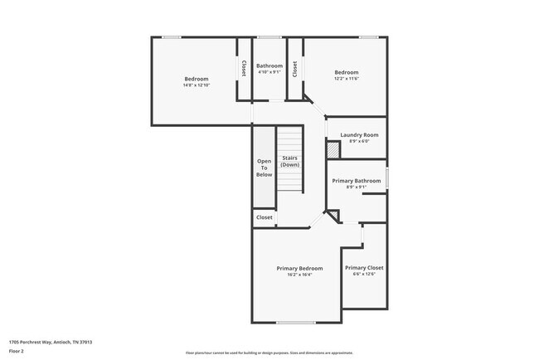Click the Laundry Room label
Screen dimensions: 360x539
(359, 134)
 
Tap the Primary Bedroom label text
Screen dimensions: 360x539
(299, 268)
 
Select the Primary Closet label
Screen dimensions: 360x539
(364, 268)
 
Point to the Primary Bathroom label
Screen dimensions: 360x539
(357, 181)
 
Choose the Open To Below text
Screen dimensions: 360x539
(264, 168)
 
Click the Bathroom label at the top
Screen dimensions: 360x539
(269, 66)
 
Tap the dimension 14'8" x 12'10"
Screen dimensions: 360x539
(197, 85)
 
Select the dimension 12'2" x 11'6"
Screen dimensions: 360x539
(346, 79)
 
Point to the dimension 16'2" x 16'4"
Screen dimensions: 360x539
(299, 275)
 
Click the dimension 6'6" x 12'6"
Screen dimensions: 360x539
(364, 275)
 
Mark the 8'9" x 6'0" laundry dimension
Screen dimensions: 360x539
(359, 141)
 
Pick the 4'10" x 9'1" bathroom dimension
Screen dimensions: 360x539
(269, 72)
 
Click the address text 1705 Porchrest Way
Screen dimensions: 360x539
(50, 342)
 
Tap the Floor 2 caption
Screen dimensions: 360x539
(17, 351)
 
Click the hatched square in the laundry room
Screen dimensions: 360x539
(333, 150)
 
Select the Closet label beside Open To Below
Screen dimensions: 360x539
(264, 217)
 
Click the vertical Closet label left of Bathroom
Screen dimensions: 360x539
(244, 68)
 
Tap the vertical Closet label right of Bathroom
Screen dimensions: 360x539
(294, 68)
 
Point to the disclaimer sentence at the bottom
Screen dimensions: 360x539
(269, 353)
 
